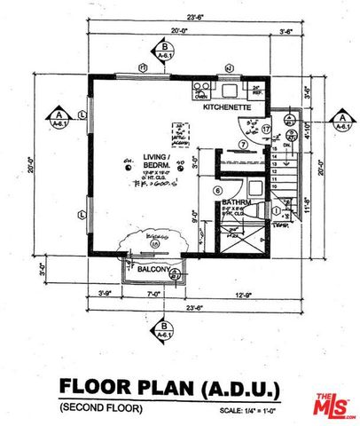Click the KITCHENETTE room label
click(x=229, y=107)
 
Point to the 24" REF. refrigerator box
click(x=255, y=89)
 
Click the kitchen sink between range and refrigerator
click(x=228, y=90)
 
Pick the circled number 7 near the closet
click(x=242, y=144)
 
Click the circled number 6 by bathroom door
click(x=217, y=190)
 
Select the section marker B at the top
click(x=164, y=51)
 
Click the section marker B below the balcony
click(x=164, y=330)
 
